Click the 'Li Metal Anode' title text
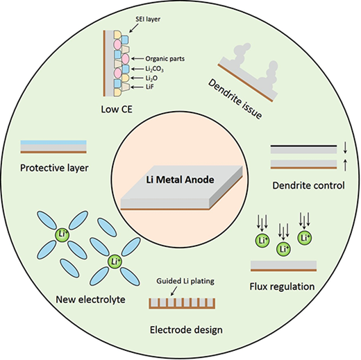click(180, 180)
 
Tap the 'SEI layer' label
click(148, 19)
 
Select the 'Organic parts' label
click(165, 59)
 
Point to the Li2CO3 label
click(154, 69)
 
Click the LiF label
click(150, 87)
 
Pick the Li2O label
click(151, 78)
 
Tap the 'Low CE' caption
click(117, 110)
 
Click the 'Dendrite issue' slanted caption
click(235, 99)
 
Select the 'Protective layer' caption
click(54, 168)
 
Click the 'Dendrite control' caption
click(308, 185)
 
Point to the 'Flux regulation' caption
click(282, 286)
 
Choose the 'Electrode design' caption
click(186, 329)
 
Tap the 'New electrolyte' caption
click(90, 300)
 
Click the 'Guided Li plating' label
click(185, 281)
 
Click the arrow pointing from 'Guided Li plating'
click(174, 291)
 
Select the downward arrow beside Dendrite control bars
click(345, 148)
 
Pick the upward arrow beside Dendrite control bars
click(345, 165)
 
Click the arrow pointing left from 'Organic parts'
click(137, 59)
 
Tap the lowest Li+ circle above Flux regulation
click(283, 249)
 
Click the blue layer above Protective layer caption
click(53, 142)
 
